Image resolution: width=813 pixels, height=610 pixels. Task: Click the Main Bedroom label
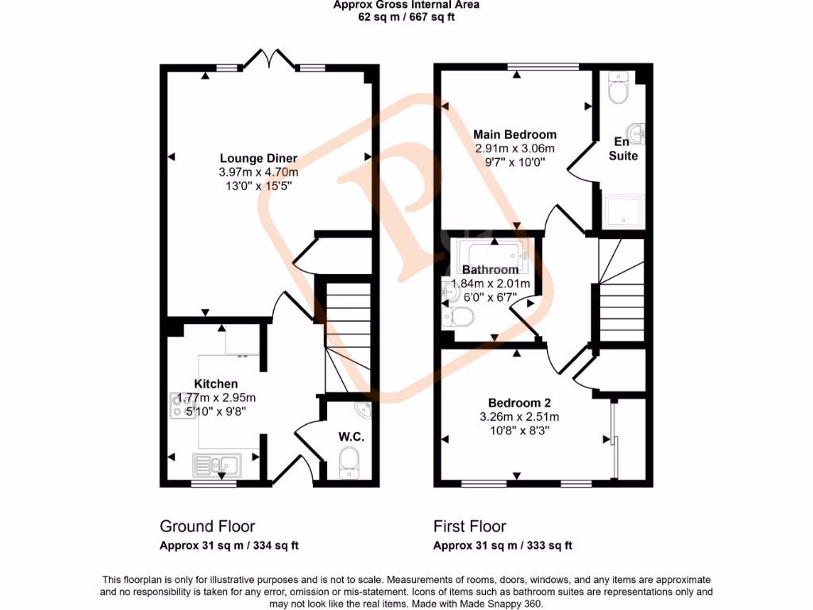tap(514, 134)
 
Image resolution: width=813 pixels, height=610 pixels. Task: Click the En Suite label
tap(623, 149)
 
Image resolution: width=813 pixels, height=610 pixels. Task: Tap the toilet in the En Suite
tap(617, 88)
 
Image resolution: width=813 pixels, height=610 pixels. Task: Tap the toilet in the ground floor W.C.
tap(349, 464)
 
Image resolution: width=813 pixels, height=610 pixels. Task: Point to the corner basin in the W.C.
tap(363, 410)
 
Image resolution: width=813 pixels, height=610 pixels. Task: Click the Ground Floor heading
tap(207, 526)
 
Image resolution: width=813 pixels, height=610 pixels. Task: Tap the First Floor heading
tap(469, 526)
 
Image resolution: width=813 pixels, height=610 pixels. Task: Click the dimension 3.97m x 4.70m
tap(259, 172)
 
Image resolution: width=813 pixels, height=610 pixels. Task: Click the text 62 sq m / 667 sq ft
tap(406, 17)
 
